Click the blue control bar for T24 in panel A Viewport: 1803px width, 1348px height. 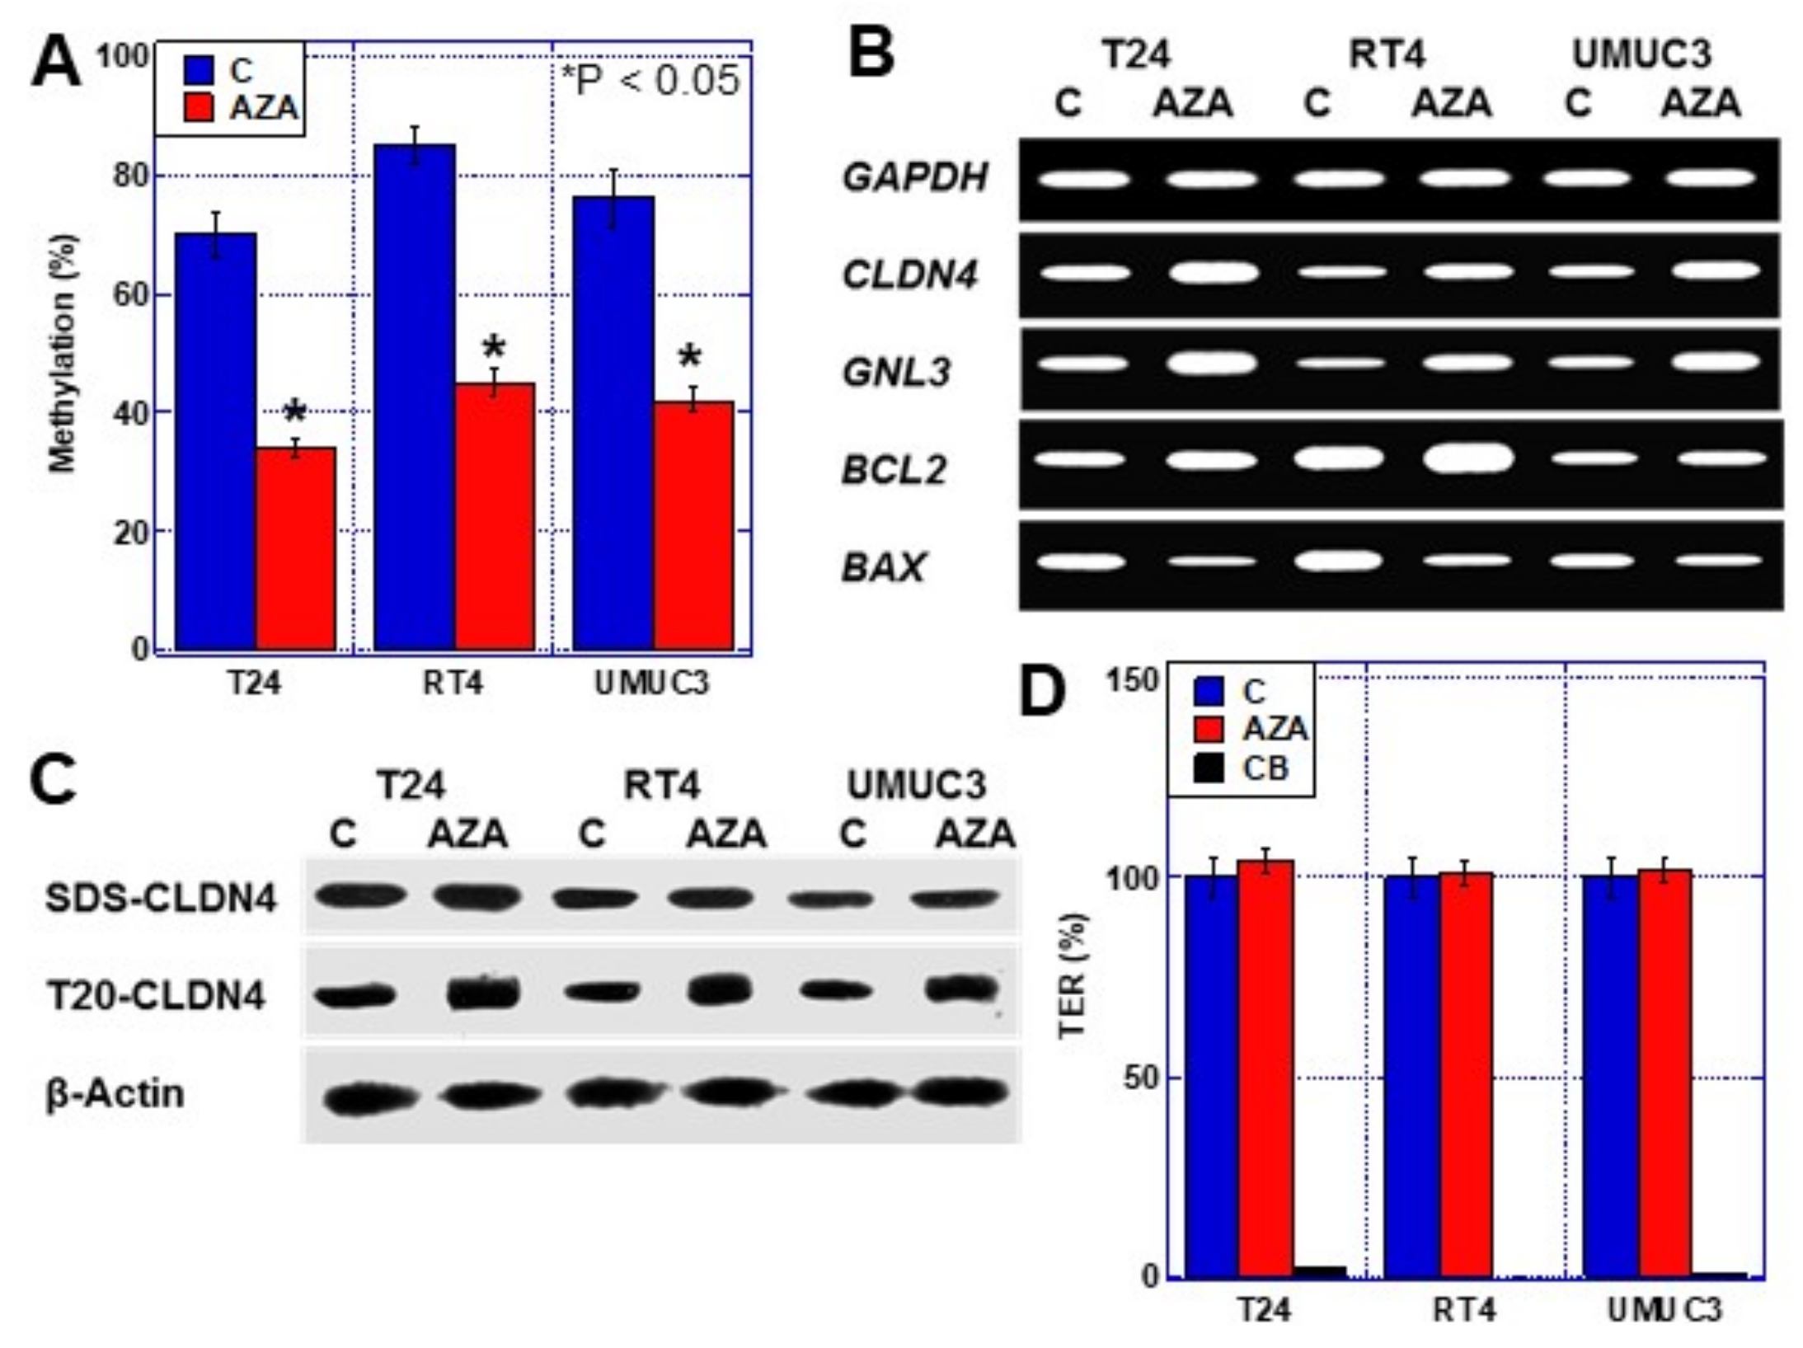coord(216,441)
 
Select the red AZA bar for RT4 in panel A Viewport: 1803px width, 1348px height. coord(495,516)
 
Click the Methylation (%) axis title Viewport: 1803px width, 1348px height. coord(62,355)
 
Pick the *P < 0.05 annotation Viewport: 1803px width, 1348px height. coord(650,81)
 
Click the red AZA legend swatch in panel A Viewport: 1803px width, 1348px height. coord(200,107)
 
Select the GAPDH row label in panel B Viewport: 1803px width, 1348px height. coord(914,177)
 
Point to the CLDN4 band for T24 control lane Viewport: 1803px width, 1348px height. coord(1084,272)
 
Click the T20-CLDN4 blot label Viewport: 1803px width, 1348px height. coord(156,996)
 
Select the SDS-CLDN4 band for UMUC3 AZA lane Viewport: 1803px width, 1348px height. coord(954,898)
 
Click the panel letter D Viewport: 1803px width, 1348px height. coord(1042,693)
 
